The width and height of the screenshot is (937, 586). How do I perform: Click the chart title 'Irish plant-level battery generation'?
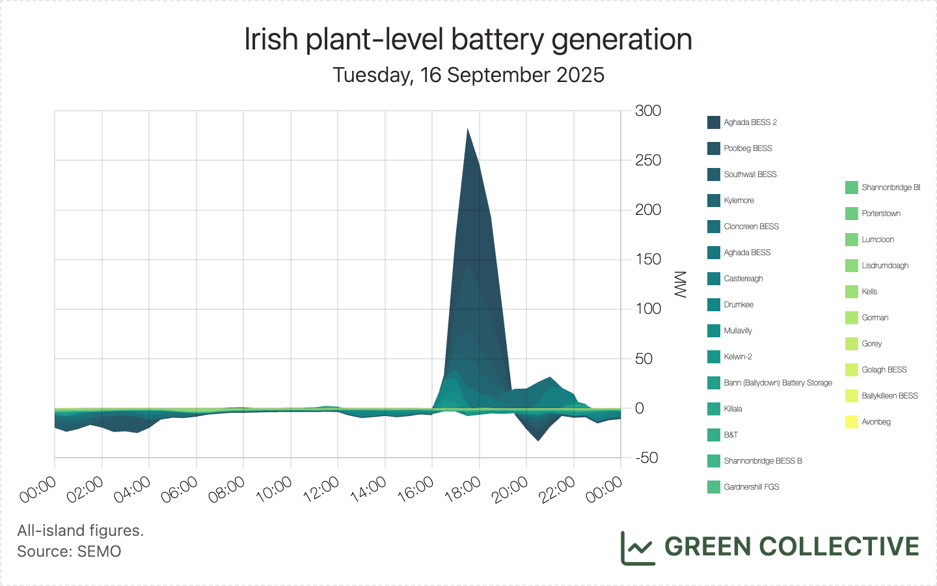coord(468,40)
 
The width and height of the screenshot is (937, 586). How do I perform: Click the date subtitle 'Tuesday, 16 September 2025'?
coord(468,75)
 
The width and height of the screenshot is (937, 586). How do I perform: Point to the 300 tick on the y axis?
coord(648,111)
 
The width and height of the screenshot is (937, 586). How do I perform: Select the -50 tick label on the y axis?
coord(647,458)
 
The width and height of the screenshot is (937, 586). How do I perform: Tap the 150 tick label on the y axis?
coord(648,259)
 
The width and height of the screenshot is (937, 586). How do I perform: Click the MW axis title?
coord(681,285)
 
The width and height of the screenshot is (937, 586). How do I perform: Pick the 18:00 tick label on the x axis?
coord(463,489)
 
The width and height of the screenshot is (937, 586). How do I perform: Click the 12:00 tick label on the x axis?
coord(321,489)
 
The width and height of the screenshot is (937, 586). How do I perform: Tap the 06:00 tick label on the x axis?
coord(180,489)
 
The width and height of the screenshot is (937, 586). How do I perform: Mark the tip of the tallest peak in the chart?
coord(467,128)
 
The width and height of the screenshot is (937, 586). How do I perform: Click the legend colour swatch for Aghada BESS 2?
coord(714,122)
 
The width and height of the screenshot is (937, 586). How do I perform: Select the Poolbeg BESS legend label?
coord(748,148)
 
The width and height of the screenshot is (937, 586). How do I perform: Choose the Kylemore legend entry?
coord(739,201)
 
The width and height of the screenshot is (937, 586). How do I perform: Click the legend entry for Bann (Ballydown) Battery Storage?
coord(778,383)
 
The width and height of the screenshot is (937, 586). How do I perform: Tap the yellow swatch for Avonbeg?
coord(852,422)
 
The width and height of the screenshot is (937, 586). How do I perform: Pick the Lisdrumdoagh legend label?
coord(885,266)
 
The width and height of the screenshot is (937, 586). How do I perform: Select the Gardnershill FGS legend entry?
coord(751,487)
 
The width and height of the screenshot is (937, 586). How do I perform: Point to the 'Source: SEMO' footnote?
coord(69,551)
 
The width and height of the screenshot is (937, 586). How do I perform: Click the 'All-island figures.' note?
coord(81,531)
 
